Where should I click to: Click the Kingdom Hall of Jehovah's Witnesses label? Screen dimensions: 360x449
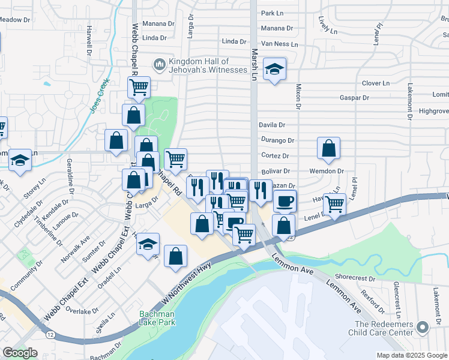tap(208, 66)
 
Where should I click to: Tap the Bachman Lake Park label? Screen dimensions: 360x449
tap(157, 318)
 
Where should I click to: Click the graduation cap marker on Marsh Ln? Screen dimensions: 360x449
tap(274, 70)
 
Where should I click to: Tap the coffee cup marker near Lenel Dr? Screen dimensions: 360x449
tap(285, 200)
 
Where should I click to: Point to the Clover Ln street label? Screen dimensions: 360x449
tap(376, 83)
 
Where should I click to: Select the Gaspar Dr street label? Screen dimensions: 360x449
tap(353, 97)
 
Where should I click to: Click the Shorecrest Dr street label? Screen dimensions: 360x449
tap(355, 278)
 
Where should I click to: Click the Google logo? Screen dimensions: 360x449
tap(20, 353)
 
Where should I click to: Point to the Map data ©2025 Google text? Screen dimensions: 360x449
tap(411, 355)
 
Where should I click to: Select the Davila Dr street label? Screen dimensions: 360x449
tap(271, 125)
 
